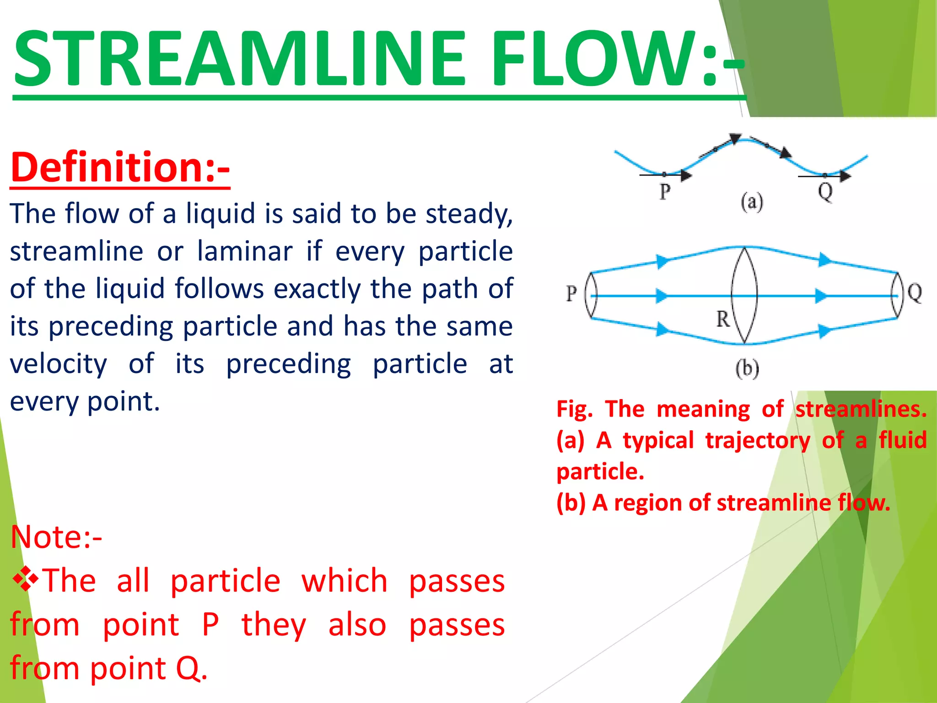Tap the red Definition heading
(120, 168)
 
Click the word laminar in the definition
(245, 252)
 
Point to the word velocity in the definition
(59, 364)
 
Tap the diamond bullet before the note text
(25, 579)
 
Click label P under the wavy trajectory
(665, 191)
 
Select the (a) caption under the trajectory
(752, 202)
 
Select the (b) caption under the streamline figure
(747, 369)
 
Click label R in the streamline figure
(723, 319)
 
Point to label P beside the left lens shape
(571, 293)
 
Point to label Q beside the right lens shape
(914, 292)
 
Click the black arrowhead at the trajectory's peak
(735, 138)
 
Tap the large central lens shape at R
(744, 295)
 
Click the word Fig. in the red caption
(574, 409)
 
